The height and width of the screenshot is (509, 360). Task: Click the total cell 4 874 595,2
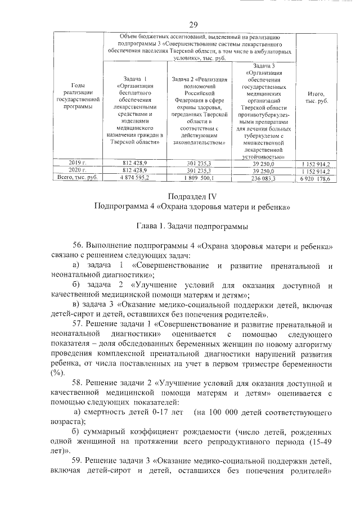pyautogui.click(x=135, y=178)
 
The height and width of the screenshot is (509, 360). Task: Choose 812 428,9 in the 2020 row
pyautogui.click(x=135, y=170)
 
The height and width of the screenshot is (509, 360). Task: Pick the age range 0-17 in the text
pyautogui.click(x=152, y=413)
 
